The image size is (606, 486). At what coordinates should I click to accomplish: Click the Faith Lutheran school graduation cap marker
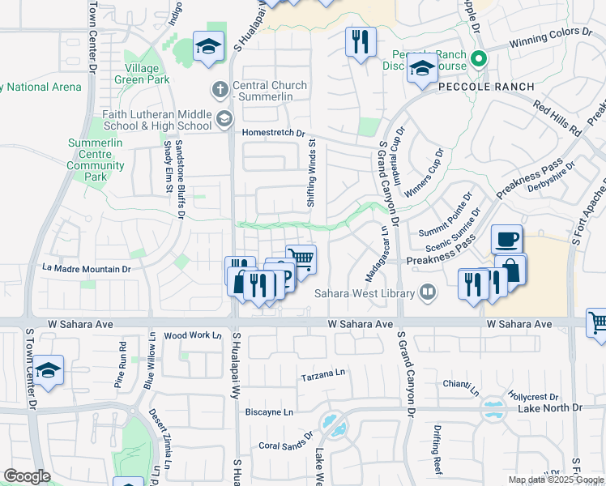[x=224, y=121]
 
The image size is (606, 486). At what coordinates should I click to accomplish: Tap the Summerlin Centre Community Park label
[x=96, y=160]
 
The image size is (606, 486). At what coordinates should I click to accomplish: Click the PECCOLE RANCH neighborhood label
[x=486, y=87]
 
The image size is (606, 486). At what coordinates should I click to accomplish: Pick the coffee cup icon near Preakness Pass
[x=507, y=239]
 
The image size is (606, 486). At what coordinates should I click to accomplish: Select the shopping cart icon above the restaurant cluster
[x=301, y=259]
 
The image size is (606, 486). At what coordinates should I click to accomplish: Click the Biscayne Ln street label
[x=270, y=411]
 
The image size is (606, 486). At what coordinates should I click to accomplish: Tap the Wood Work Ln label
[x=193, y=335]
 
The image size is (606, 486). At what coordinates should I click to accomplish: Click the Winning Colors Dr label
[x=550, y=36]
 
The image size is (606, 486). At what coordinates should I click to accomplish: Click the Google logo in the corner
[x=28, y=476]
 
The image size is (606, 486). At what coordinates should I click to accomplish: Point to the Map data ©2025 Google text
[x=555, y=480]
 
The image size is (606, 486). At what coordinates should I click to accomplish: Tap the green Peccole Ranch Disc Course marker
[x=479, y=58]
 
